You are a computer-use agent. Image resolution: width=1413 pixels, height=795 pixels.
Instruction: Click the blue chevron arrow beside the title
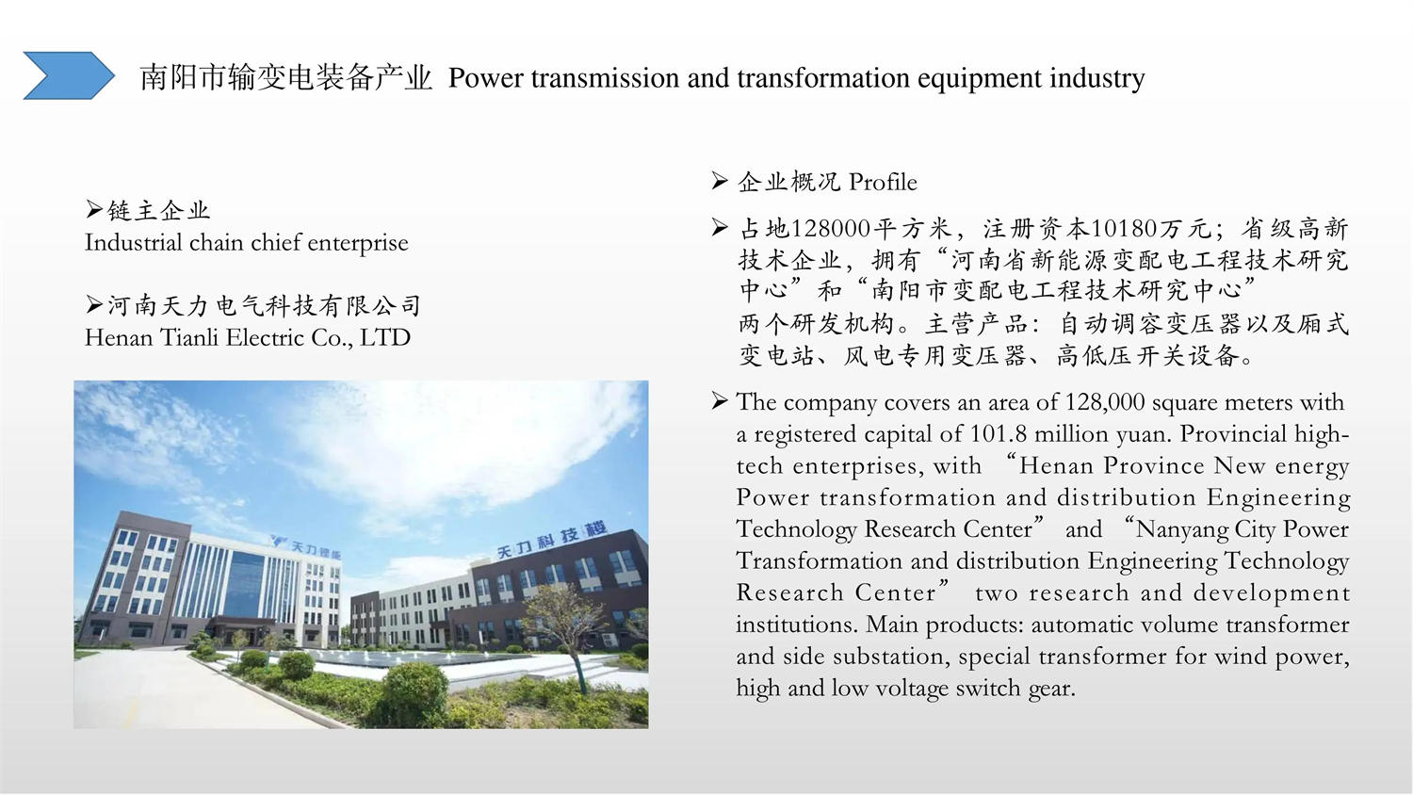click(x=68, y=75)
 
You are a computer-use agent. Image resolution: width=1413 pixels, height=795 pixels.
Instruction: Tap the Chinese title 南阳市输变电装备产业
click(x=285, y=77)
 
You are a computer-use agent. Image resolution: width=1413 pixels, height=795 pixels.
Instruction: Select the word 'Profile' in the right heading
click(x=883, y=183)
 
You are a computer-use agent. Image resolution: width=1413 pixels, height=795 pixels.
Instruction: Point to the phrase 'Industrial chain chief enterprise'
click(x=247, y=243)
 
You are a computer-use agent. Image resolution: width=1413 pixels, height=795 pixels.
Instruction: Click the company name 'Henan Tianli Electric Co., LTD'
click(x=247, y=337)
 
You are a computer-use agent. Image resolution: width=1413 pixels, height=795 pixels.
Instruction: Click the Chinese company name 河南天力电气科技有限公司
click(x=264, y=305)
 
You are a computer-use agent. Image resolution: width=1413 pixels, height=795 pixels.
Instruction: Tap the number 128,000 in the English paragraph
click(x=1105, y=402)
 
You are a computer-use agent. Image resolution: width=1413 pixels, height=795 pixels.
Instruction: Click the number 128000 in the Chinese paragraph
click(x=831, y=228)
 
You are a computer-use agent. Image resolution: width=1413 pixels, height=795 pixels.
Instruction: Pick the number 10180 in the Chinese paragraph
click(x=1124, y=228)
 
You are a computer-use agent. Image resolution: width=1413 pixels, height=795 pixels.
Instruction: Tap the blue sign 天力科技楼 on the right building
click(x=552, y=541)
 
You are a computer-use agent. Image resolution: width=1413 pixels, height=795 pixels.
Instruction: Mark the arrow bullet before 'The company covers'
click(x=719, y=400)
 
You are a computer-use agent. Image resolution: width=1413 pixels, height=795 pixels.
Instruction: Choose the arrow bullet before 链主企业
click(x=94, y=209)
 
